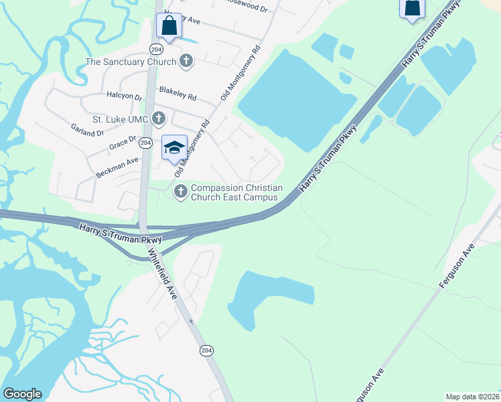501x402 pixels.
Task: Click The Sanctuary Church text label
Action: tap(131, 62)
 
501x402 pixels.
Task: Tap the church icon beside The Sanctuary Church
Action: tap(186, 62)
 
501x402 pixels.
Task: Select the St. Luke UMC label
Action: tap(123, 119)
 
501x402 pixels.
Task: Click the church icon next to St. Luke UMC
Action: tap(159, 119)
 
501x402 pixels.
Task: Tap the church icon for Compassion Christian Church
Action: tap(180, 192)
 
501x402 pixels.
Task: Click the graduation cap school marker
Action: tap(174, 148)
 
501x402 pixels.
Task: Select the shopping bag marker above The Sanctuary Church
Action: tap(169, 27)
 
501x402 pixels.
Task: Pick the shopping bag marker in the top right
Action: tap(412, 8)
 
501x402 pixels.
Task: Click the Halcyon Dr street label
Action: tap(129, 98)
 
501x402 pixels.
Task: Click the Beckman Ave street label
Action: tap(117, 167)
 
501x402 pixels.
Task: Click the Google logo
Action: tap(22, 394)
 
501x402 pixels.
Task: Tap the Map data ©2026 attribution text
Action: tap(472, 397)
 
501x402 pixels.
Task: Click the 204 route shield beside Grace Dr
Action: tap(145, 143)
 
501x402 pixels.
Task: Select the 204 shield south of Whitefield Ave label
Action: tap(206, 350)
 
